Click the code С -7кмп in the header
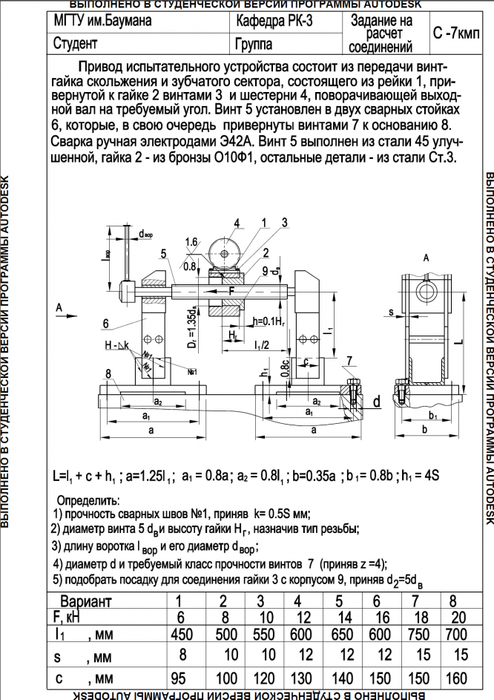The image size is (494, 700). [455, 34]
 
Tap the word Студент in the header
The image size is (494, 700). [76, 44]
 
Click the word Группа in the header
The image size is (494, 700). [254, 44]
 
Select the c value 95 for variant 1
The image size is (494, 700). [178, 678]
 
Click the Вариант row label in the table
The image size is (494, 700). [85, 602]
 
